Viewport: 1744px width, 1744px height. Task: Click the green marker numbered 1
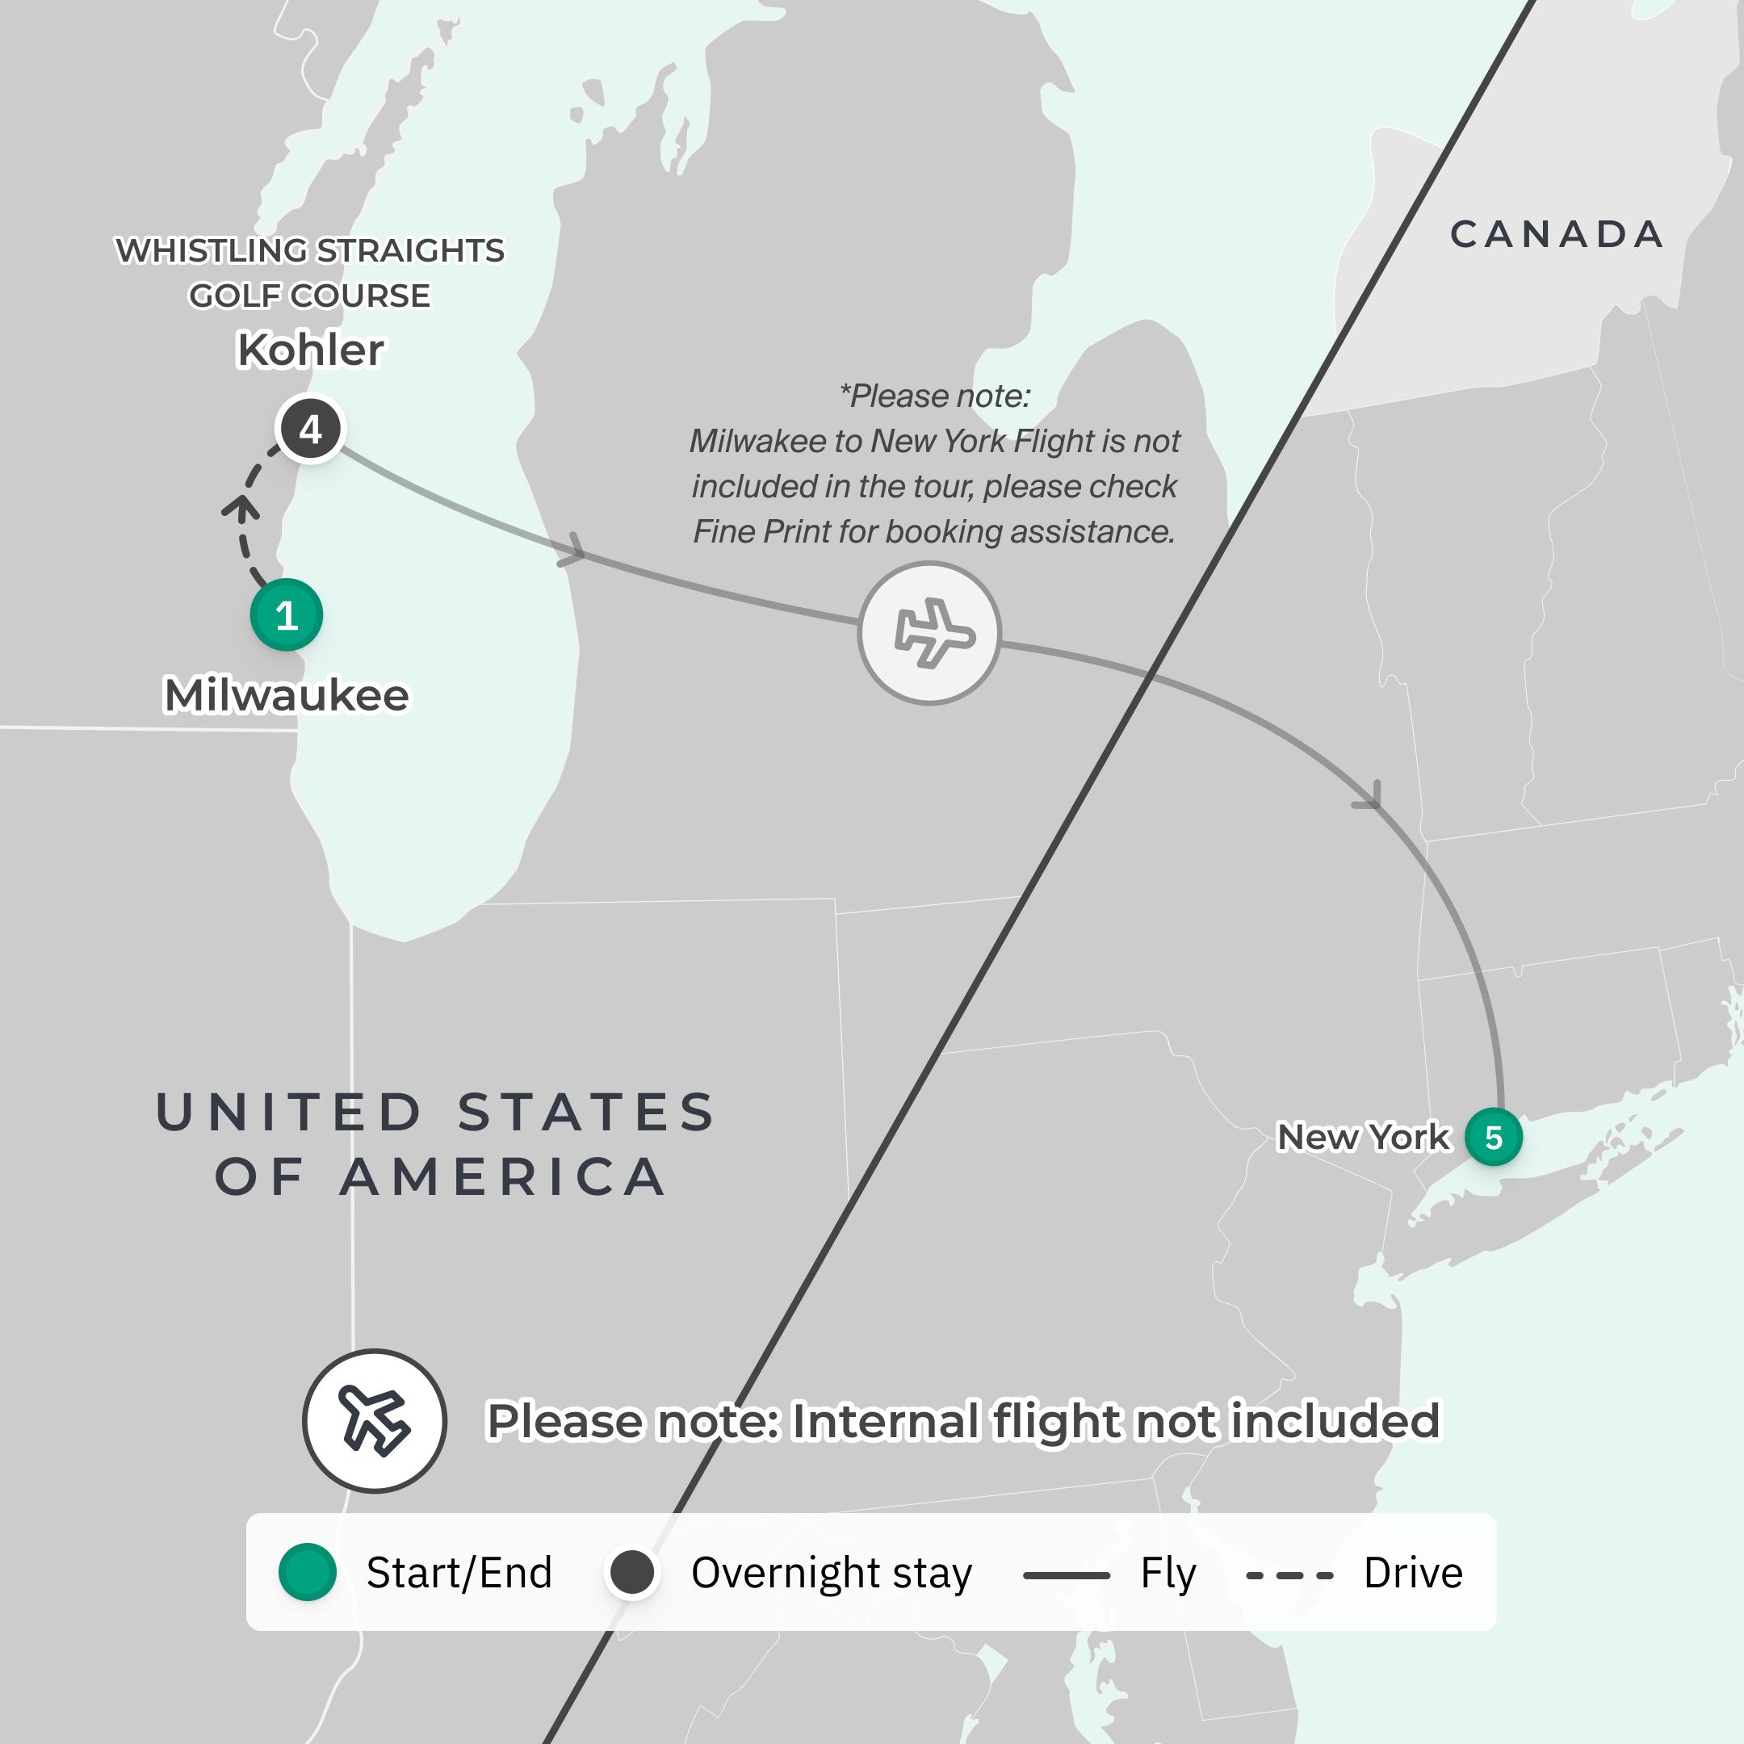(286, 615)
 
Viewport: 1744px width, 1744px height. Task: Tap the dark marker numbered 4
(311, 430)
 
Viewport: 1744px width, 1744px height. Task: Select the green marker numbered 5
(1493, 1138)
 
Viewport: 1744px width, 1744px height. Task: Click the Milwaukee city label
(286, 695)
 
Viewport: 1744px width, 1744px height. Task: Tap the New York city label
(1362, 1138)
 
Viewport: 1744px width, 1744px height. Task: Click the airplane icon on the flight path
(930, 634)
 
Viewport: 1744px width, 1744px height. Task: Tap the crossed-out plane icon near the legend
(374, 1421)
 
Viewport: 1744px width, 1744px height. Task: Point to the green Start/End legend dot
(307, 1573)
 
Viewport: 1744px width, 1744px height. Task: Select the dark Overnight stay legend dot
(632, 1573)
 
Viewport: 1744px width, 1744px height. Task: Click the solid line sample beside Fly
(1066, 1575)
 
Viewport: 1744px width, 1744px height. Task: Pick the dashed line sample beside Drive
(1289, 1575)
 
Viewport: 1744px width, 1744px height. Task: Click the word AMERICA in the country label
(504, 1177)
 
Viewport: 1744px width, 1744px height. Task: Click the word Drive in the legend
(1413, 1573)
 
